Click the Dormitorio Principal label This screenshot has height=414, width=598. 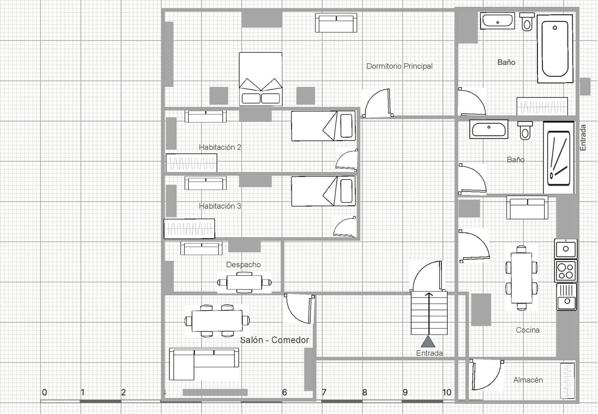pyautogui.click(x=399, y=66)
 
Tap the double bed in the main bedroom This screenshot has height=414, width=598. pyautogui.click(x=261, y=79)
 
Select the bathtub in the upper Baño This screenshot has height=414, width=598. pyautogui.click(x=555, y=49)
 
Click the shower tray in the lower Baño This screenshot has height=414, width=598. pyautogui.click(x=558, y=157)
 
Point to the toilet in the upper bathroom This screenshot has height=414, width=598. pyautogui.click(x=527, y=22)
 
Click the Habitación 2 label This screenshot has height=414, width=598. pyautogui.click(x=220, y=147)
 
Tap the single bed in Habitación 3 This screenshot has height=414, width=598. pyautogui.click(x=323, y=191)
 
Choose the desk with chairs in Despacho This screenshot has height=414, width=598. pyautogui.click(x=244, y=282)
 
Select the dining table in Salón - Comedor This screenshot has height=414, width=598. pyautogui.click(x=217, y=321)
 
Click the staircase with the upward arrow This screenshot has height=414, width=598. pyautogui.click(x=429, y=313)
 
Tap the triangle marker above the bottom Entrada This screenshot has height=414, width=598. pyautogui.click(x=428, y=341)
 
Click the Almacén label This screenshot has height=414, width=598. pyautogui.click(x=528, y=380)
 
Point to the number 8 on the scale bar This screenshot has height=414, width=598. pyautogui.click(x=364, y=392)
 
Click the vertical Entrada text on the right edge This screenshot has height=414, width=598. pyautogui.click(x=583, y=138)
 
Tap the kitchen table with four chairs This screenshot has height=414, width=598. pyautogui.click(x=521, y=278)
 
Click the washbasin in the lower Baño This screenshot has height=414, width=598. pyautogui.click(x=488, y=129)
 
